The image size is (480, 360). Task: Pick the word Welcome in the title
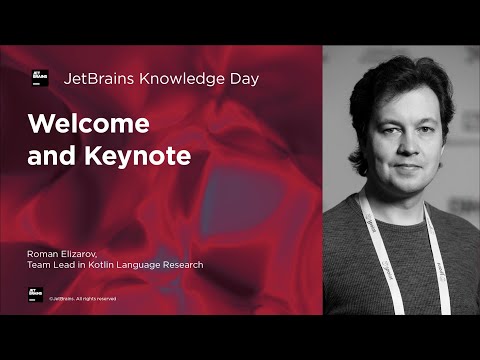(89, 124)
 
